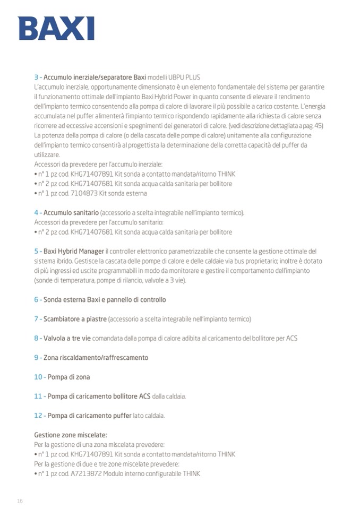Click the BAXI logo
coord(56,28)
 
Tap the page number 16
coord(20,501)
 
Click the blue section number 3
coord(36,77)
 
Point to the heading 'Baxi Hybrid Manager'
coord(74,251)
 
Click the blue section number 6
coord(36,300)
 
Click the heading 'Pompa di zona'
coord(69,377)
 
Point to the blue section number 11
coord(38,396)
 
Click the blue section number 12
coord(38,415)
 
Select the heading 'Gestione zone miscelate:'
coord(71,435)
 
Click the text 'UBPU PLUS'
coord(185,77)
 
